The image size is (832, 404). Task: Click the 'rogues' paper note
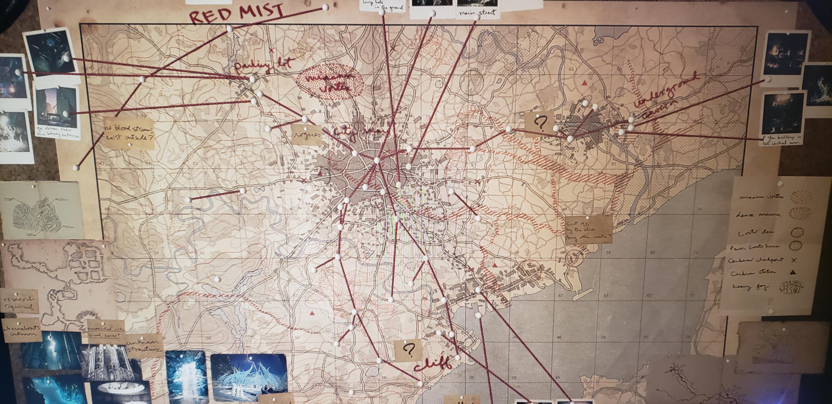click(x=307, y=135)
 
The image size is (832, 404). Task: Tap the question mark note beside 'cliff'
click(x=408, y=350)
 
